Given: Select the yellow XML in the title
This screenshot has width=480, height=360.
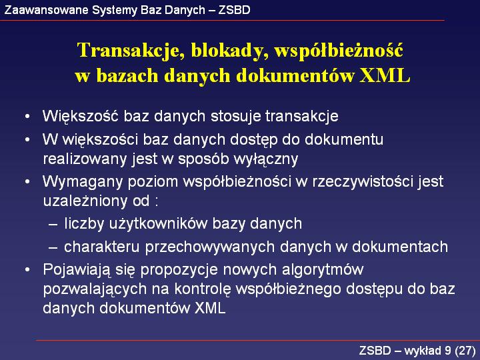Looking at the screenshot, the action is pyautogui.click(x=385, y=75).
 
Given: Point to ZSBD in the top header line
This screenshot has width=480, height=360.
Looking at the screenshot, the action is pyautogui.click(x=234, y=10).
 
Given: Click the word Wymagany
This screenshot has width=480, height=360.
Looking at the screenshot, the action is pyautogui.click(x=83, y=182).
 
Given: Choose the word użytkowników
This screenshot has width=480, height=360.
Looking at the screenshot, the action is pyautogui.click(x=158, y=224).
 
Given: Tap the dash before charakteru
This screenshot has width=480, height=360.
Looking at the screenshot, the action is pyautogui.click(x=53, y=247).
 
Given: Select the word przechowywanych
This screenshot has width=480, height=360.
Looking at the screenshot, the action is pyautogui.click(x=210, y=247).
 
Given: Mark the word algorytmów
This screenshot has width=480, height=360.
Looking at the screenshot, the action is pyautogui.click(x=323, y=270).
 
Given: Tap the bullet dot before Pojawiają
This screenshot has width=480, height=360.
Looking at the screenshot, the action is pyautogui.click(x=27, y=270).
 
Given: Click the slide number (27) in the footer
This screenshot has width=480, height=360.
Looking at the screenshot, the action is pyautogui.click(x=465, y=351).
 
